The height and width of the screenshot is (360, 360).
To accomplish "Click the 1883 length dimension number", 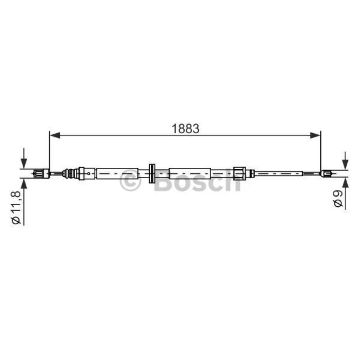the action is coord(185,129).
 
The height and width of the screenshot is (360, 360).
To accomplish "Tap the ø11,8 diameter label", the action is coord(16,207).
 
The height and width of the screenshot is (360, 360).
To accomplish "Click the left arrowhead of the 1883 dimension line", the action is coord(55,135).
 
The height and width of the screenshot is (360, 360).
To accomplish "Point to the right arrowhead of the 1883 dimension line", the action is coord(315,135).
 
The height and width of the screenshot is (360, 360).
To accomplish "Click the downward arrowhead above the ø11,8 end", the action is coord(24,163).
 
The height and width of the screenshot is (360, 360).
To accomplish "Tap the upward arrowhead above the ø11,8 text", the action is coord(24,184).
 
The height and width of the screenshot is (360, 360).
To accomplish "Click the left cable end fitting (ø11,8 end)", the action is coord(41,174).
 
